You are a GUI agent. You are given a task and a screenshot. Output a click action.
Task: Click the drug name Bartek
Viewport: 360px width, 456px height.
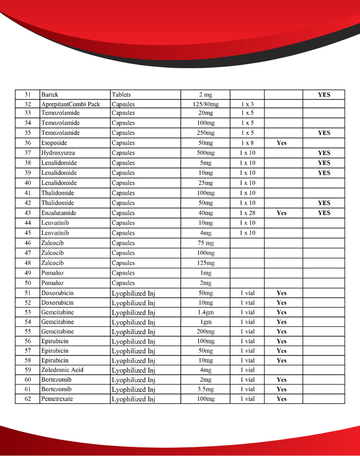click(49, 95)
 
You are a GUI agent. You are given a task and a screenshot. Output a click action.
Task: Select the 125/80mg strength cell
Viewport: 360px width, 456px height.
click(205, 104)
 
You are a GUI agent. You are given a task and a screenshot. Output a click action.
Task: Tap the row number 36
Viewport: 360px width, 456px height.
click(28, 143)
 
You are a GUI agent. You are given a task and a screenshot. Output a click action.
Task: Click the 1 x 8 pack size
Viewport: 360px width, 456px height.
click(247, 143)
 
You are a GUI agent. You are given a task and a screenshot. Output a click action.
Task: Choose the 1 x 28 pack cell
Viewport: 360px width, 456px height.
click(247, 213)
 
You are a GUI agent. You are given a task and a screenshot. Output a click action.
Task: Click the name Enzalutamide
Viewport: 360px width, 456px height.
click(59, 213)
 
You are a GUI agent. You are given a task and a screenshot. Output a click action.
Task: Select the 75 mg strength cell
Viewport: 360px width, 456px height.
click(205, 243)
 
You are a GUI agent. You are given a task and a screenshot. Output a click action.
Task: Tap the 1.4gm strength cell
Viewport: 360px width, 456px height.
click(205, 312)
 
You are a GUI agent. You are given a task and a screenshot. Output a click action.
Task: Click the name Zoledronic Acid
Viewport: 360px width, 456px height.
click(61, 370)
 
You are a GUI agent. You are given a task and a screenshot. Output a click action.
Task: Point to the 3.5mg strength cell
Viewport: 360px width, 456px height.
click(205, 389)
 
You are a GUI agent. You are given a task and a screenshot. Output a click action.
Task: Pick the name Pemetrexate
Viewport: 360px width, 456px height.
click(57, 399)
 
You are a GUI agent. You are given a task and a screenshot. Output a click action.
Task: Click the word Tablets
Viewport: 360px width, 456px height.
click(121, 95)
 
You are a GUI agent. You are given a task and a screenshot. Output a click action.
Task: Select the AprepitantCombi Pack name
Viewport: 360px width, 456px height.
click(70, 104)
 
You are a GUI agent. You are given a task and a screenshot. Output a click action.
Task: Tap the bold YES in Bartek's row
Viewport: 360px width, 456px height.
click(324, 95)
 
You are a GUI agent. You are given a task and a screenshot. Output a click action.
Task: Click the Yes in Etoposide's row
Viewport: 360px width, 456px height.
click(282, 143)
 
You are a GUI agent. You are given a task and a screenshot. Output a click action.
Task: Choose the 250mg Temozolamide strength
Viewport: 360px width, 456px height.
click(205, 133)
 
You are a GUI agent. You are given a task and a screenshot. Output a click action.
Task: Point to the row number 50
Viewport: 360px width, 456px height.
click(28, 283)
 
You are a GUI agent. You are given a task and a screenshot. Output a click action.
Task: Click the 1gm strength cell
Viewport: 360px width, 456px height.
click(205, 322)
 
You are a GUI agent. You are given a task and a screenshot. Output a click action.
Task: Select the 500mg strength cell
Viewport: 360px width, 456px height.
click(205, 153)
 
